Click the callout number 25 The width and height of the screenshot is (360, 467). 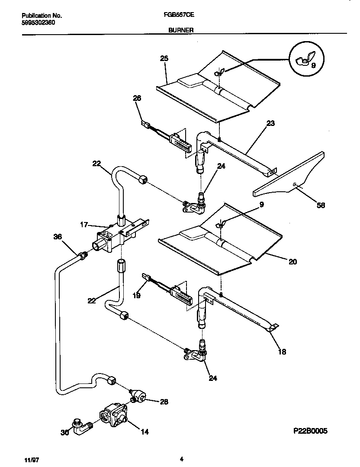[164, 58]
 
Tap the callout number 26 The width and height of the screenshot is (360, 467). [137, 99]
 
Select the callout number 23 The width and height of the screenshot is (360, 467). [270, 123]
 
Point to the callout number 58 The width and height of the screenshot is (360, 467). [321, 206]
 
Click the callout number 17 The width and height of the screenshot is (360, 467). [84, 225]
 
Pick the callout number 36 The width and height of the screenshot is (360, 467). [58, 237]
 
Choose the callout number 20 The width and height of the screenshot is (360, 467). [293, 261]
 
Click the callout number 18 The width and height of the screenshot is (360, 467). [282, 352]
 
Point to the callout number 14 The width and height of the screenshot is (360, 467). [145, 432]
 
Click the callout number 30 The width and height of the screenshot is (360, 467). [64, 432]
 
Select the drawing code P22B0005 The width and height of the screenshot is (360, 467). [310, 431]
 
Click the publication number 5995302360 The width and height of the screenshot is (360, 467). [38, 22]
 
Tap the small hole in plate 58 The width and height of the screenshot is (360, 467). [294, 184]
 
